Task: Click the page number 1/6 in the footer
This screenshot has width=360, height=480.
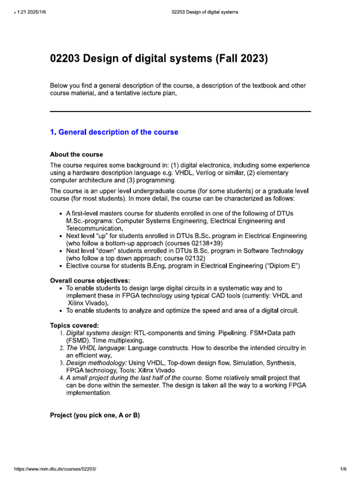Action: pyautogui.click(x=343, y=469)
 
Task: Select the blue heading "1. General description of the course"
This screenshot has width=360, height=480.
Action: pyautogui.click(x=114, y=132)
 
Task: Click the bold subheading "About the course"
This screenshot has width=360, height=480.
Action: pyautogui.click(x=76, y=154)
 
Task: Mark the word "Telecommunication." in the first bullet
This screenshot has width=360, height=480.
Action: pyautogui.click(x=92, y=228)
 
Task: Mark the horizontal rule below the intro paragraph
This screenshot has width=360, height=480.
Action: pyautogui.click(x=180, y=112)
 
